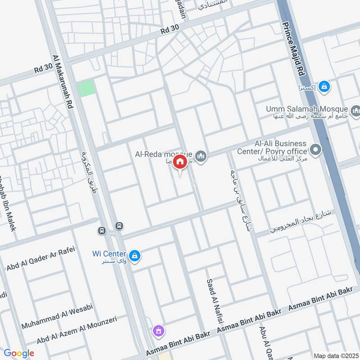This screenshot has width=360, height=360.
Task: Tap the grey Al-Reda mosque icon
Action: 201,156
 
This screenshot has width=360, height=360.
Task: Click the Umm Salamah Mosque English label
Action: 306,109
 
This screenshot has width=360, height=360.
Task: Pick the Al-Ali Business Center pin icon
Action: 316,150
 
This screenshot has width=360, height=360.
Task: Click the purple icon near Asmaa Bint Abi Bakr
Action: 157,331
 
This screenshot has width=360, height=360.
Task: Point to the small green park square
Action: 86,88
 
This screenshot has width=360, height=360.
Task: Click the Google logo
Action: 18,353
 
